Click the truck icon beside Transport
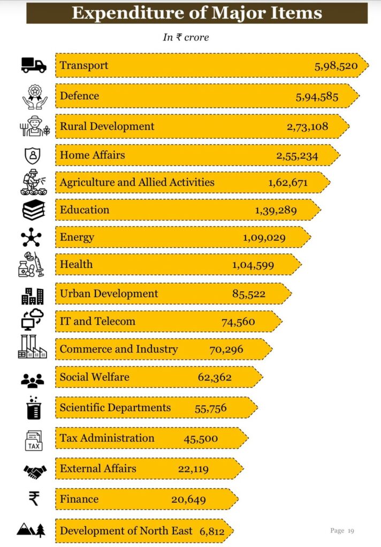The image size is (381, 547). tap(33, 65)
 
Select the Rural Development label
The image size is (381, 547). tap(107, 127)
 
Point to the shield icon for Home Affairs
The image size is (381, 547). tap(33, 155)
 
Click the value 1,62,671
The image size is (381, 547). tap(288, 183)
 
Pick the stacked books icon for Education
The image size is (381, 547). tap(33, 209)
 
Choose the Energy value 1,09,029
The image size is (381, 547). tap(264, 238)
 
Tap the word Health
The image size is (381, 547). tap(76, 264)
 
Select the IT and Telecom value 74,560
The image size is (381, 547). tap(238, 322)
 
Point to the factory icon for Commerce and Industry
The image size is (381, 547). tap(33, 347)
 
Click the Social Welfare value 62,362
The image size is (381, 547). tap(215, 378)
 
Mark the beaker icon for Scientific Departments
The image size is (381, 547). tap(33, 408)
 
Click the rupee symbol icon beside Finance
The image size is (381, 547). tap(33, 499)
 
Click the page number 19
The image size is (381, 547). tap(351, 530)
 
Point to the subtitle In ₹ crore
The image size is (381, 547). tap(186, 37)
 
